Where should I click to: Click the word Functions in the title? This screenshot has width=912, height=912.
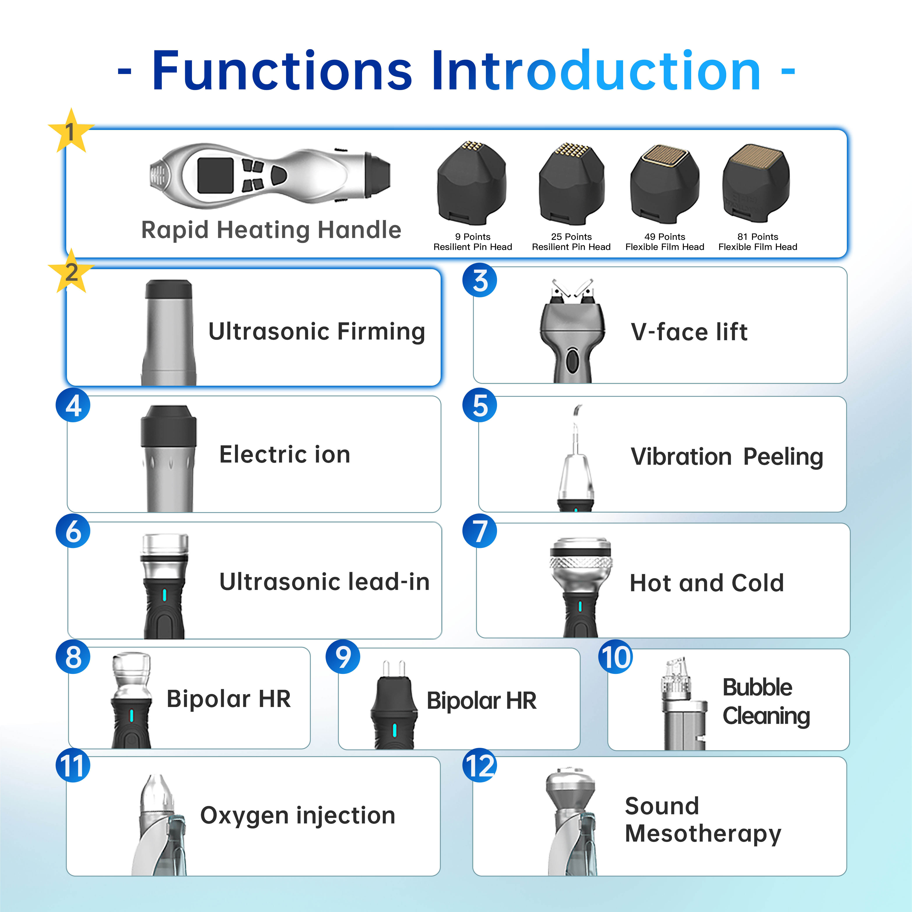click(x=282, y=71)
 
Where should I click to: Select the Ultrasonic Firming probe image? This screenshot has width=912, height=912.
click(x=169, y=333)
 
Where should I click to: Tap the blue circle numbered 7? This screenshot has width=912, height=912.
click(x=480, y=531)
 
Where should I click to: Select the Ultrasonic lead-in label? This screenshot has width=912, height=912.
click(x=324, y=582)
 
